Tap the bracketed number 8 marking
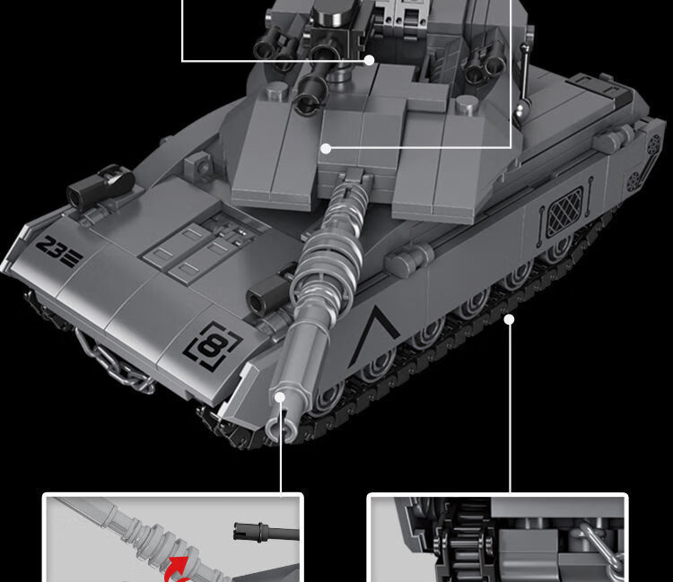point(212,345)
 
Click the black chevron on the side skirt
point(372,335)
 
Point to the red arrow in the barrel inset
point(177,569)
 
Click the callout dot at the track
point(509,319)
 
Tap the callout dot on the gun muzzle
point(280,397)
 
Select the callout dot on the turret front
point(327,149)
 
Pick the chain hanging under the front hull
point(115,361)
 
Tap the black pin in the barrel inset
point(267,533)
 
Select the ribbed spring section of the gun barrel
point(333,245)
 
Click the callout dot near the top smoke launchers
point(369,60)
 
